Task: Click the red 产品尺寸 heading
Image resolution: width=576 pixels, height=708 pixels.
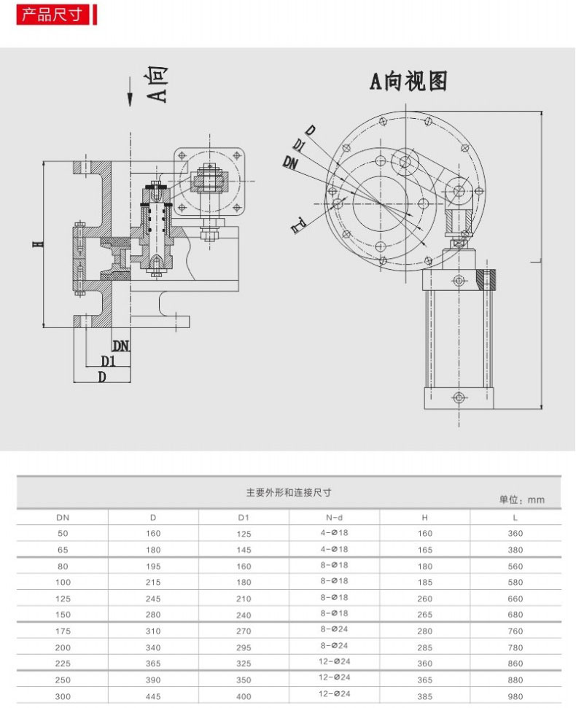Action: click(x=52, y=15)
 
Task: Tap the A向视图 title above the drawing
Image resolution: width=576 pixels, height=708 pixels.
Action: click(x=408, y=81)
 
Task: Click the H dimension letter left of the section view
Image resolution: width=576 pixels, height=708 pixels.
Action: click(x=34, y=244)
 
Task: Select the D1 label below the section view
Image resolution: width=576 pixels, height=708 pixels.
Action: click(x=109, y=361)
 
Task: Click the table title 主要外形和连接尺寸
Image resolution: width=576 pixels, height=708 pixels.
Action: click(x=289, y=492)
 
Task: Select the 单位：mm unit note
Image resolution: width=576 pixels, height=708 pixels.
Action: click(x=521, y=500)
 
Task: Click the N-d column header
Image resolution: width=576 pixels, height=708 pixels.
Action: click(x=334, y=517)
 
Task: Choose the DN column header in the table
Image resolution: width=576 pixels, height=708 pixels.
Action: click(x=63, y=517)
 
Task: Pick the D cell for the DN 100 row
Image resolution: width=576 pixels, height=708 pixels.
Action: click(x=153, y=582)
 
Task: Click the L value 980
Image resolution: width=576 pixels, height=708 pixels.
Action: click(x=515, y=696)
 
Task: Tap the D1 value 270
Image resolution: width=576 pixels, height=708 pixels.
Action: click(x=244, y=631)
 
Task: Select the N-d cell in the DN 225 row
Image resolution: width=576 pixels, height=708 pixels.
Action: click(x=334, y=662)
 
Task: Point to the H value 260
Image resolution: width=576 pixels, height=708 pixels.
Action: click(x=425, y=599)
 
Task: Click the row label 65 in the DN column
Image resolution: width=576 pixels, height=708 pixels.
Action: click(x=63, y=549)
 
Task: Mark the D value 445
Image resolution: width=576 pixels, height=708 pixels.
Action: click(x=153, y=696)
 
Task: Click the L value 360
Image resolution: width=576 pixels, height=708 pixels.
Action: click(x=515, y=533)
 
